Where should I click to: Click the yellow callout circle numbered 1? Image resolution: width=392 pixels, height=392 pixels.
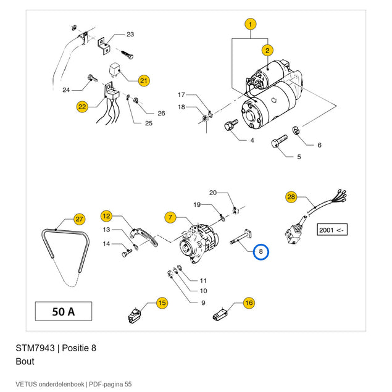click(251, 24)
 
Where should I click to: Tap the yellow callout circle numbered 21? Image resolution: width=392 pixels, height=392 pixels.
click(144, 80)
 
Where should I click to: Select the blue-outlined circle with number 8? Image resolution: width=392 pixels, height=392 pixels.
click(261, 251)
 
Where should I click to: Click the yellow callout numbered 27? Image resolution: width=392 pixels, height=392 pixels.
click(79, 219)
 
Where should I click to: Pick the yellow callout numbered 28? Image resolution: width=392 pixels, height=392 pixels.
click(291, 197)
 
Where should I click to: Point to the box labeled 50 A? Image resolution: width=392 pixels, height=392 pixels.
click(64, 311)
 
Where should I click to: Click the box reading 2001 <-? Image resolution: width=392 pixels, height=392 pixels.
click(332, 230)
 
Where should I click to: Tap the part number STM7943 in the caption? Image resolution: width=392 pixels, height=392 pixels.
click(35, 348)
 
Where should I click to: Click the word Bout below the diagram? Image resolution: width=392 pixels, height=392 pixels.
click(25, 362)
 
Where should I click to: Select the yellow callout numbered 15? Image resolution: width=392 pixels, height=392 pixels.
click(162, 303)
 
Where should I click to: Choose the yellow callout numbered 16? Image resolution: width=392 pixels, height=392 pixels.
click(249, 303)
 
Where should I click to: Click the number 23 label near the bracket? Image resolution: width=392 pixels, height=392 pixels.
click(130, 34)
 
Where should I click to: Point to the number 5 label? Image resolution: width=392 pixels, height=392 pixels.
click(299, 157)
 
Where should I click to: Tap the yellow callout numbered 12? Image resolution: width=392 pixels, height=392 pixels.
click(107, 216)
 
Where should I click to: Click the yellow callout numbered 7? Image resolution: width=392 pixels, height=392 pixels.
click(170, 217)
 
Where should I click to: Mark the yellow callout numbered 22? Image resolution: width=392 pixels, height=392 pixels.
click(82, 107)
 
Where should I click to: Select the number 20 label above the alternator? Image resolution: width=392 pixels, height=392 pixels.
click(213, 193)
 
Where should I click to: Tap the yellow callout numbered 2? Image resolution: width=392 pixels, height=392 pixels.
click(267, 51)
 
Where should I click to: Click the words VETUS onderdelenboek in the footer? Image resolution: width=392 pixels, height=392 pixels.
click(50, 384)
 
